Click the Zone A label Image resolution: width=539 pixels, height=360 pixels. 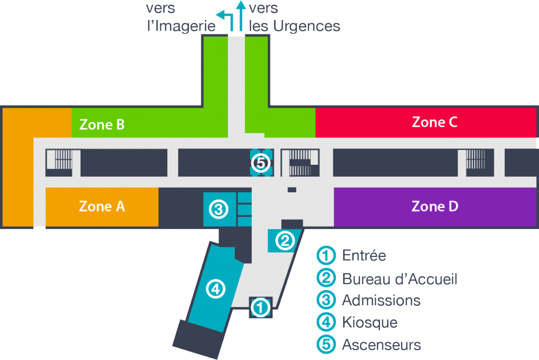coord(102,206)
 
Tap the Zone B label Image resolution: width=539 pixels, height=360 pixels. coord(102,125)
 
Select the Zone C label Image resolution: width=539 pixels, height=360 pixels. coord(434,122)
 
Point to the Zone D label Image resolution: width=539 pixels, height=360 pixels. coord(435,206)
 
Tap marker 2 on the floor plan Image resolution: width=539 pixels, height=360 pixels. coord(285,241)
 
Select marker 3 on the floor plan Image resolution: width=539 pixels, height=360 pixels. coord(218,210)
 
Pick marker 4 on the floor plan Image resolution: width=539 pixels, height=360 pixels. coord(216,288)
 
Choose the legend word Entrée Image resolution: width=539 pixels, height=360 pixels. coord(364,256)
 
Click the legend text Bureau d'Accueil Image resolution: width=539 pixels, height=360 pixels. coord(400,278)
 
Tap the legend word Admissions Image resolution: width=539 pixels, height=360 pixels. coord(381,301)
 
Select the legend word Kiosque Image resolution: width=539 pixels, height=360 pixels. coord(370,322)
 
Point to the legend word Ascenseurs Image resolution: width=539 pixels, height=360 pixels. coord(382,345)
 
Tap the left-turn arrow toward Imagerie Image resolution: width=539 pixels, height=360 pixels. coord(225,19)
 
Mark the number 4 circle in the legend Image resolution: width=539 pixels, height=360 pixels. coord(326,323)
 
